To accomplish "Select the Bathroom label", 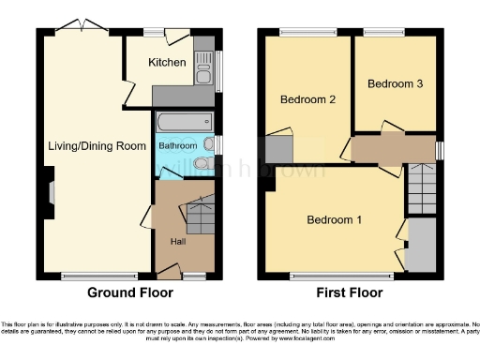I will point(177,146).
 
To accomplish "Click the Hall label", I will point(176,242).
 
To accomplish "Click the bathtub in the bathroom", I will point(184,123).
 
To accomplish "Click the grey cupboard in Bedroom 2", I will point(277,150).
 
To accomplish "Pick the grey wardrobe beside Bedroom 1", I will point(421,246).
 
